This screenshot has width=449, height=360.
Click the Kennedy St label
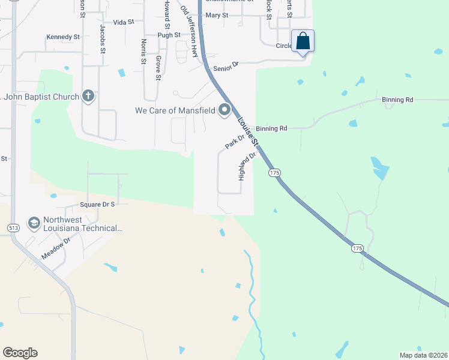pos(63,37)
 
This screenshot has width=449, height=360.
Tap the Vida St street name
pos(122,22)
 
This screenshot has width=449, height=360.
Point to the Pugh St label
pos(169,35)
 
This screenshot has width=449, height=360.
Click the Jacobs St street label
pos(103,40)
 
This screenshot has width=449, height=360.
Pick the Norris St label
pos(143,52)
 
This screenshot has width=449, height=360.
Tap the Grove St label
pos(158,67)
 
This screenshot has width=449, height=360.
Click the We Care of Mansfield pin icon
pos(225,110)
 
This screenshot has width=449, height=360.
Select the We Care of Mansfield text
pos(175,110)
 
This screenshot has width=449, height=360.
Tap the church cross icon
pos(88,95)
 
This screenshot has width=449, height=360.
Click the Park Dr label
pos(235,143)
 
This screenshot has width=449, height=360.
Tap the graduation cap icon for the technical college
pos(34,223)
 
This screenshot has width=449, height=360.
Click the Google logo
pos(20,353)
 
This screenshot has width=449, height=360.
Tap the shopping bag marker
pos(303,41)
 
